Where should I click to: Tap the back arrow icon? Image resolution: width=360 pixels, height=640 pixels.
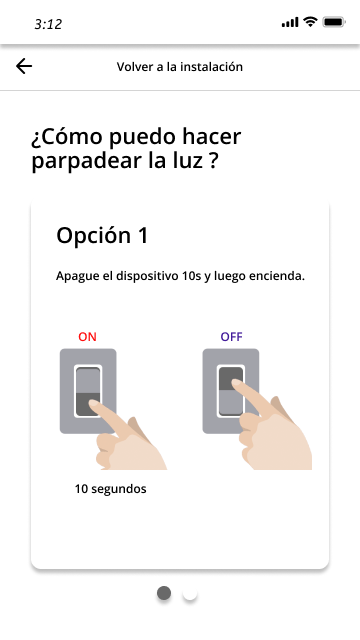[x=24, y=66]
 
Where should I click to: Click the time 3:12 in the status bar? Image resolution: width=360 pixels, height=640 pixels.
[x=48, y=24]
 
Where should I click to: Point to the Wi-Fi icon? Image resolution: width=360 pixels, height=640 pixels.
[x=310, y=22]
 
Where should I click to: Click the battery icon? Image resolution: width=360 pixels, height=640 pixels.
[x=334, y=22]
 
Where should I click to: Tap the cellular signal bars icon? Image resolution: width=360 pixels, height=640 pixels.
[x=290, y=22]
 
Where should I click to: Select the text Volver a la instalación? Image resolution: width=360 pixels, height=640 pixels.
[x=180, y=67]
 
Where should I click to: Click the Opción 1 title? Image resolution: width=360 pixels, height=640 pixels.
[x=102, y=236]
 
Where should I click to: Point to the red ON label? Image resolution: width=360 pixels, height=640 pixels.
[x=87, y=337]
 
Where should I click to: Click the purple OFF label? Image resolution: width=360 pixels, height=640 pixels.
[x=231, y=337]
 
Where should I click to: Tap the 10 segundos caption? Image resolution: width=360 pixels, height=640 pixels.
[x=110, y=489]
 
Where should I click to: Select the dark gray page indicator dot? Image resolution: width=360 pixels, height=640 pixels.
[x=164, y=593]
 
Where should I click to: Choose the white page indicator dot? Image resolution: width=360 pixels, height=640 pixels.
[x=190, y=593]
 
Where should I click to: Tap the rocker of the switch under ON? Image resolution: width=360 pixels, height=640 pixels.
[x=88, y=391]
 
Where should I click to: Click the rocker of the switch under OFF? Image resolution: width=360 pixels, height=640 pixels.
[x=231, y=391]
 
